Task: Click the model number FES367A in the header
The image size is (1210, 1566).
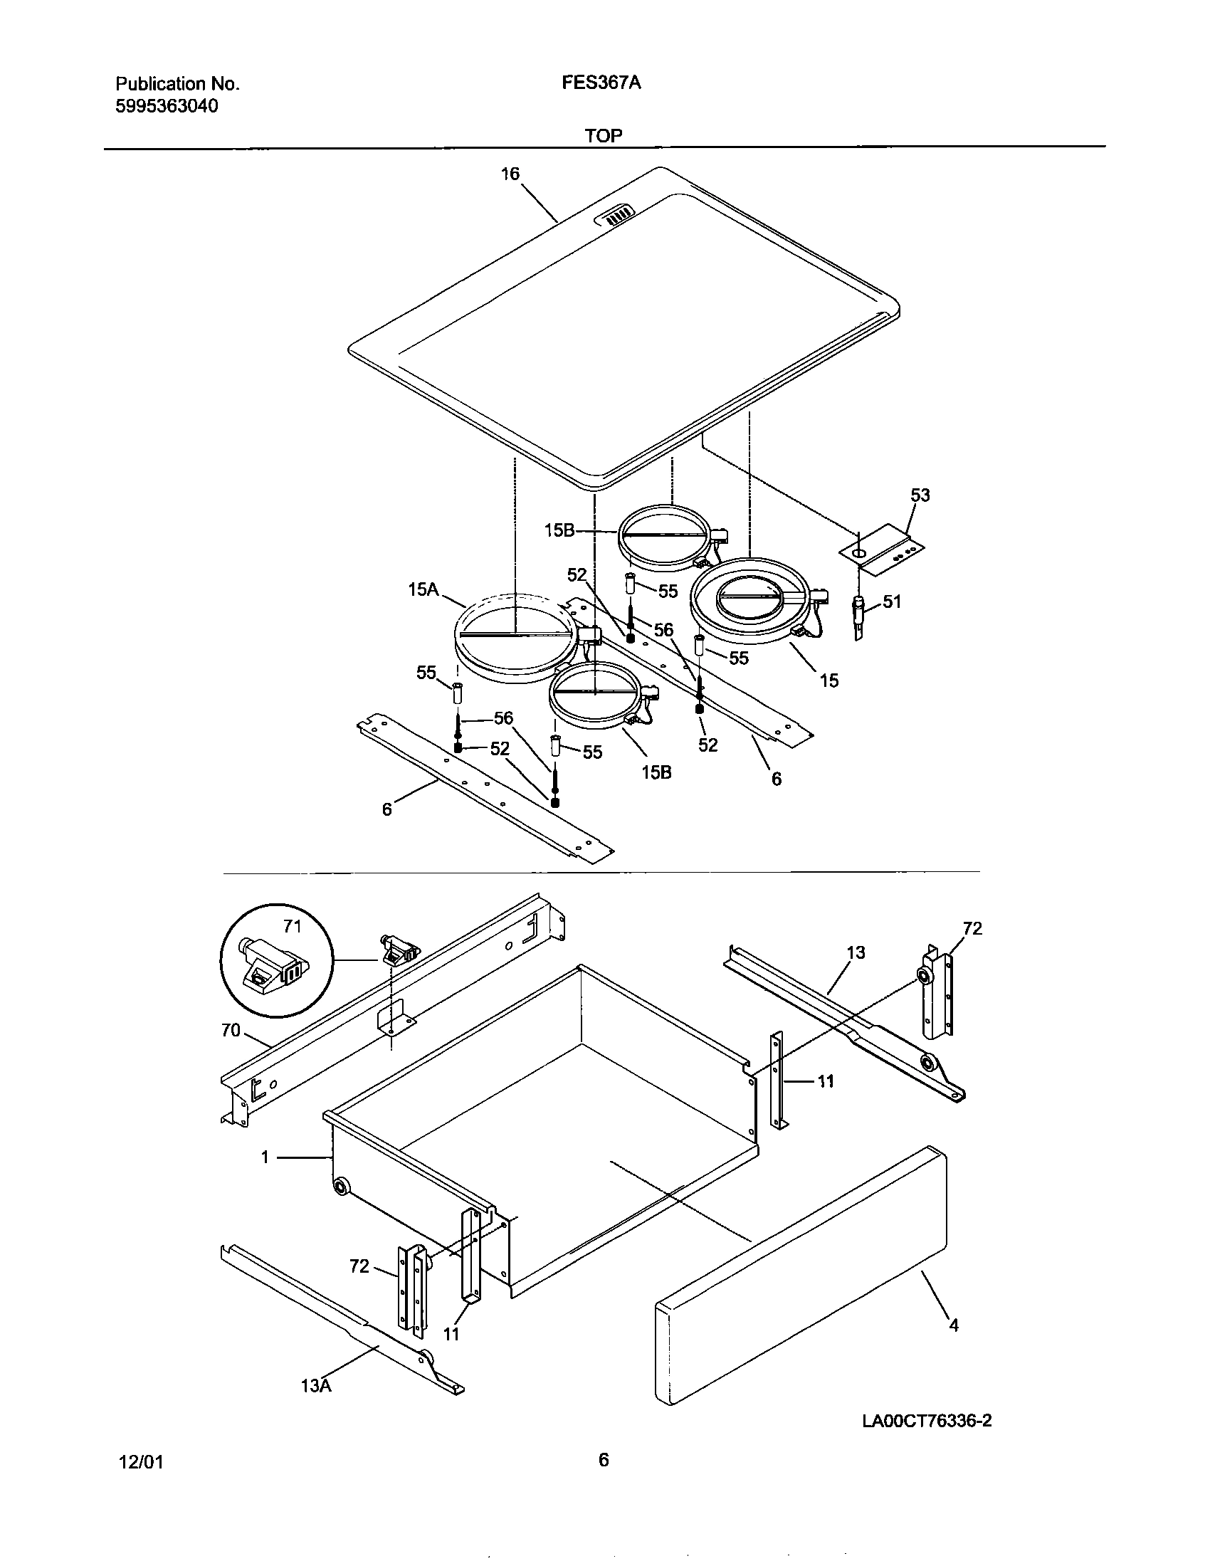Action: tap(601, 83)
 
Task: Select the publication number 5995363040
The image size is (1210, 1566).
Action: tap(167, 106)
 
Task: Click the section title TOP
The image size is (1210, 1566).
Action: tap(603, 135)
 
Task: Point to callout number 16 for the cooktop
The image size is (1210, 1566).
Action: tap(510, 174)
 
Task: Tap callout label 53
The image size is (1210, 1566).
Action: tap(920, 495)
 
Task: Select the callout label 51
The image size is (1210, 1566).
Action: tap(891, 601)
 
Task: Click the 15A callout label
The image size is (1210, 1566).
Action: tap(423, 589)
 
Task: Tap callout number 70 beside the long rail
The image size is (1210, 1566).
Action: tap(231, 1031)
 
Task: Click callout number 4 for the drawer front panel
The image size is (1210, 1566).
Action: tap(953, 1325)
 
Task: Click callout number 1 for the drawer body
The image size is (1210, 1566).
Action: tap(265, 1157)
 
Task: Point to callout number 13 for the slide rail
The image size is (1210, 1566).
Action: tap(856, 952)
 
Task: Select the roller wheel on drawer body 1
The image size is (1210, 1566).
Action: tap(341, 1187)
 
